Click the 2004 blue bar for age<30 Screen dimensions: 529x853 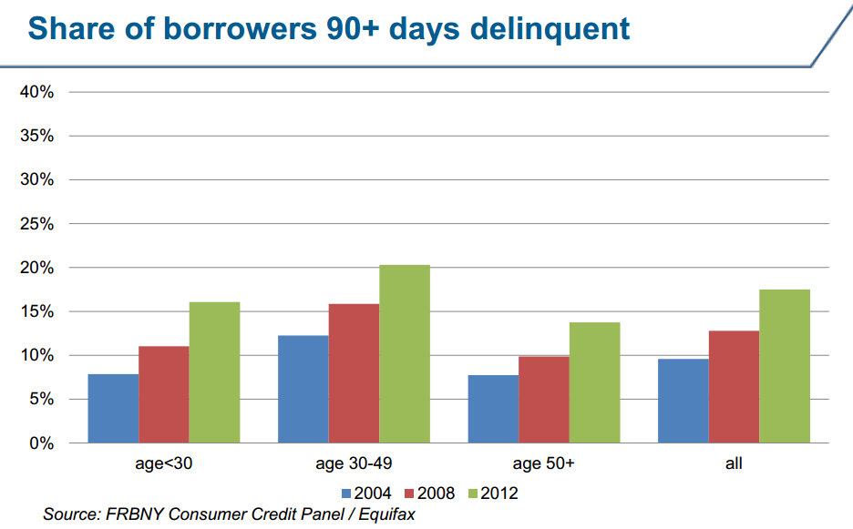113,408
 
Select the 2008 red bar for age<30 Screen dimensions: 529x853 163,394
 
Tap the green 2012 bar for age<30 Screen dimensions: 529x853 214,372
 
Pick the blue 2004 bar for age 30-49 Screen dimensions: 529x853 303,389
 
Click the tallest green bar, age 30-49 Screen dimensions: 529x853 405,354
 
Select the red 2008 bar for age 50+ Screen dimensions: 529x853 544,400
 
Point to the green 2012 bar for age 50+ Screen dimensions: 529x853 594,382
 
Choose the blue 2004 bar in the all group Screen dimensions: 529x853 683,401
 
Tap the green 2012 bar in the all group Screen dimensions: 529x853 785,366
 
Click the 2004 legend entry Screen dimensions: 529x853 366,493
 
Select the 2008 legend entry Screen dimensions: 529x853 429,493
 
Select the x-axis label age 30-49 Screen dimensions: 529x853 354,464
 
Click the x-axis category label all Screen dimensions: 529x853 734,464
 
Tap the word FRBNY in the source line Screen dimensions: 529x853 134,514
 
